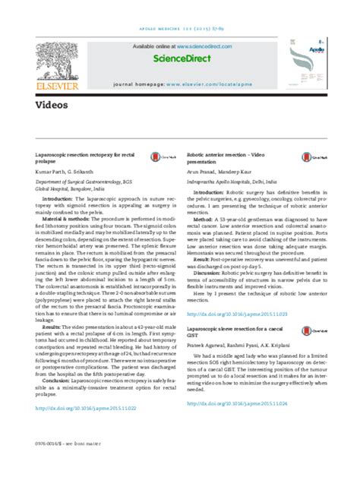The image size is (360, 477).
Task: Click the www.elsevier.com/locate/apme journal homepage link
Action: [241, 77]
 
